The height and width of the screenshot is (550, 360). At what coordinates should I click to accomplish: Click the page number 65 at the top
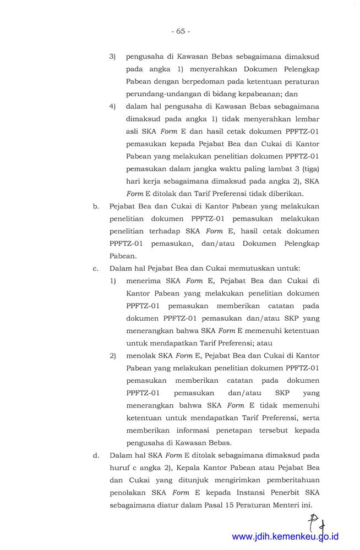[x=180, y=31]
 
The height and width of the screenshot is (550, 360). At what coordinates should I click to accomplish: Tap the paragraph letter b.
[x=96, y=206]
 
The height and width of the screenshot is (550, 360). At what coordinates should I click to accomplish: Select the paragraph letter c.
[x=96, y=268]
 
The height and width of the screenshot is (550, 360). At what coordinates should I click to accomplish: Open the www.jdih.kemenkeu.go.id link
[x=285, y=537]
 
